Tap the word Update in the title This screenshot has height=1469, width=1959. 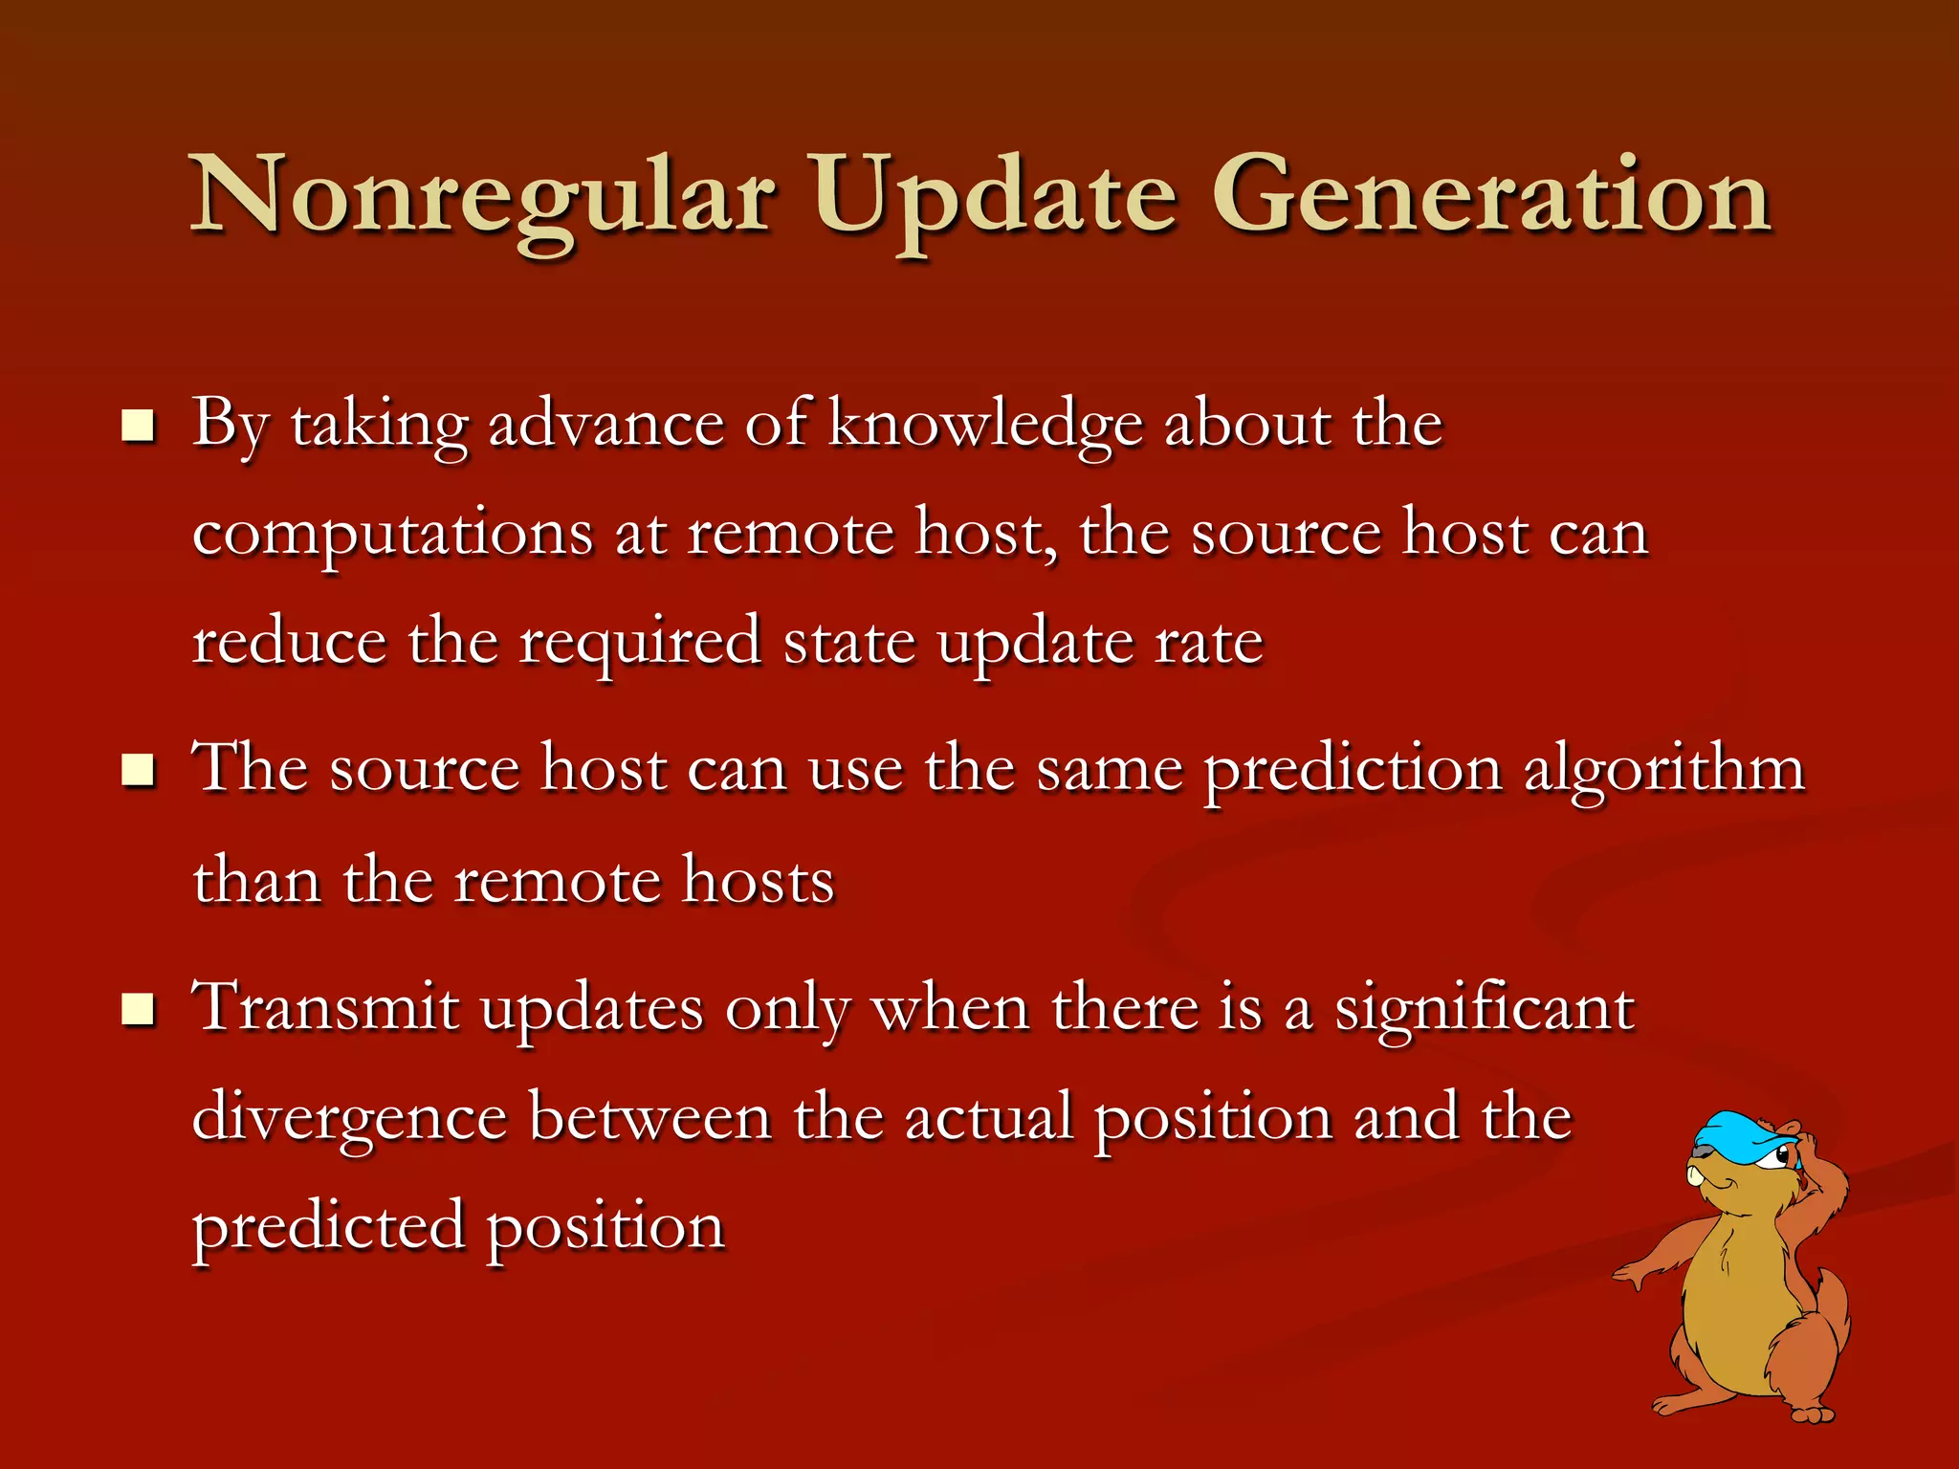click(995, 196)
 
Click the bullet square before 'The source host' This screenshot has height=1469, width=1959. click(139, 769)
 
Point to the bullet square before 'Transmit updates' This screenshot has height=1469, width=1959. click(139, 1009)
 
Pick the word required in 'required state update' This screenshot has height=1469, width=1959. click(639, 643)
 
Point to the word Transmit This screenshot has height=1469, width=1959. click(325, 1009)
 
